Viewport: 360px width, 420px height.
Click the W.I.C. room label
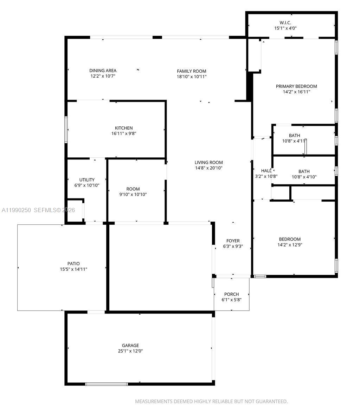[285, 22]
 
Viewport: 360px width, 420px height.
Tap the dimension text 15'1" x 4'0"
[285, 28]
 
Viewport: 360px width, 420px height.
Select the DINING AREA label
[103, 71]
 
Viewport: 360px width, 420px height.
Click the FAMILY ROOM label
[191, 71]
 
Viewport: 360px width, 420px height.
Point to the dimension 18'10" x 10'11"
[191, 77]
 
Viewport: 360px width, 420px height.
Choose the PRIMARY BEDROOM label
[296, 86]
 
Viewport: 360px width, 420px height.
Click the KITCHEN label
[124, 128]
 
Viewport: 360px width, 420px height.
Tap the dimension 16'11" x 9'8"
[124, 133]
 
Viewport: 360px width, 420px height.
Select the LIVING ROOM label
[209, 163]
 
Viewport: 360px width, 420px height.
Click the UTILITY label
[87, 180]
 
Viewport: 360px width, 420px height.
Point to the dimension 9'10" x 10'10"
[133, 194]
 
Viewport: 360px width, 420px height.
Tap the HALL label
[266, 171]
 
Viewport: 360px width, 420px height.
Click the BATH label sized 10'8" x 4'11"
[294, 136]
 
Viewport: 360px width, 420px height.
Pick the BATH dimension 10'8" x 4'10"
[304, 177]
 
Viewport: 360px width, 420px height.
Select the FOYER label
[233, 241]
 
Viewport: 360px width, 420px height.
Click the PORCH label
[231, 294]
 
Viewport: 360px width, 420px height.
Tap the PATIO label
[73, 264]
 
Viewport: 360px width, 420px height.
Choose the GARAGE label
[130, 346]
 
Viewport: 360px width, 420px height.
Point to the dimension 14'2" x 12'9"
[290, 245]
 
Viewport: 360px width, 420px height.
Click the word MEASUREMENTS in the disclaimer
[153, 401]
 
